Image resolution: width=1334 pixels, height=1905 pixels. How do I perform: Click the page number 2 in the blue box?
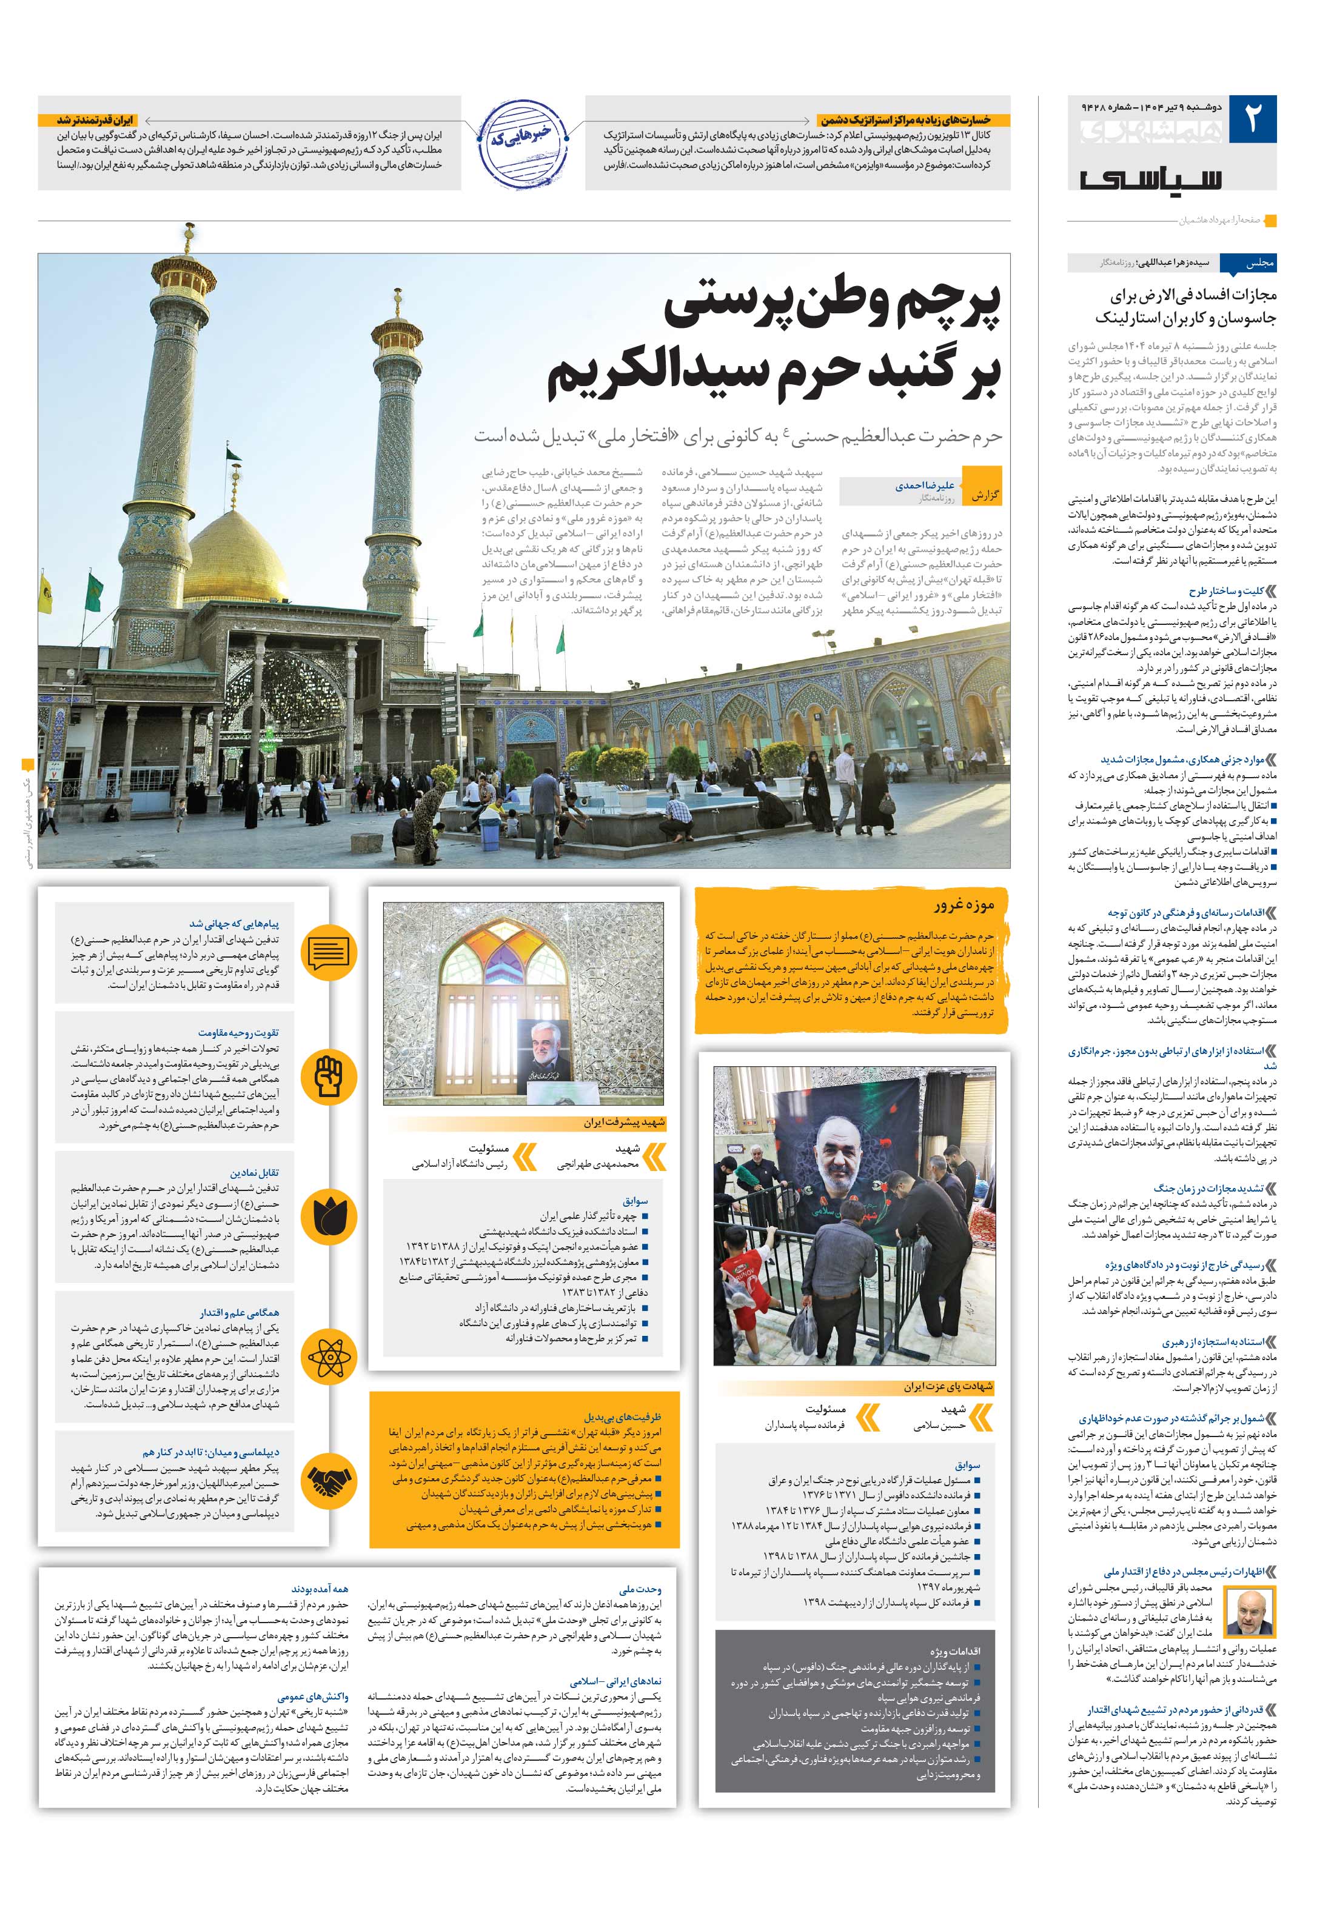click(x=1252, y=119)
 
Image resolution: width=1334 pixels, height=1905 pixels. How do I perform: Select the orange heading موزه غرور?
click(x=963, y=904)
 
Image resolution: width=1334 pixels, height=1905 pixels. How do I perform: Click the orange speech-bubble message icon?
click(x=329, y=953)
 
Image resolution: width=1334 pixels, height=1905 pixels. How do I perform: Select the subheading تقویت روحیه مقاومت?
click(x=250, y=1032)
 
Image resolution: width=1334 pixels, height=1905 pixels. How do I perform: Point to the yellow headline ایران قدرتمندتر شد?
click(x=95, y=120)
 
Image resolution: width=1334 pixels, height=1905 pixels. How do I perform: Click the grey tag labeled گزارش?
click(x=985, y=495)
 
